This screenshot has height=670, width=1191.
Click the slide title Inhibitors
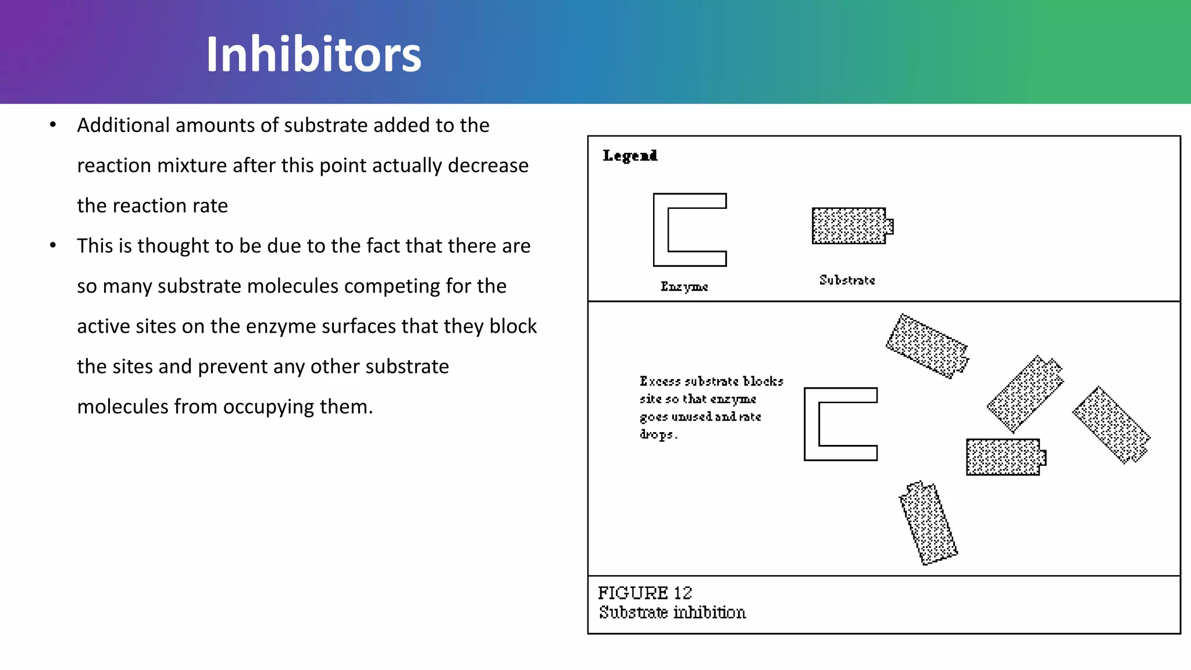(x=313, y=54)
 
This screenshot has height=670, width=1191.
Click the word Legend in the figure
(x=630, y=156)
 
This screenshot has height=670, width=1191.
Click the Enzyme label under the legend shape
(x=684, y=287)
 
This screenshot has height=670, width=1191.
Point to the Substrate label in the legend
(x=847, y=280)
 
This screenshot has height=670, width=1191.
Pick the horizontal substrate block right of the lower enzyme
(x=1004, y=457)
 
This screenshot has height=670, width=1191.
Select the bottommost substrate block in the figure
(x=928, y=523)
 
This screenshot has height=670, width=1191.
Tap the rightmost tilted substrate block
(x=1111, y=425)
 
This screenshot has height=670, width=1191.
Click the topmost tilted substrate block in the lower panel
(x=927, y=346)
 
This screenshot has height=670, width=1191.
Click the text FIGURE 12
(x=645, y=593)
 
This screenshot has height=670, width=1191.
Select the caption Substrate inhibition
(x=672, y=612)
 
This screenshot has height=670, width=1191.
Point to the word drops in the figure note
(x=657, y=434)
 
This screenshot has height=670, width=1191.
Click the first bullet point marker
(x=53, y=125)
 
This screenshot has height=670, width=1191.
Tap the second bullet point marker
(x=53, y=245)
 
